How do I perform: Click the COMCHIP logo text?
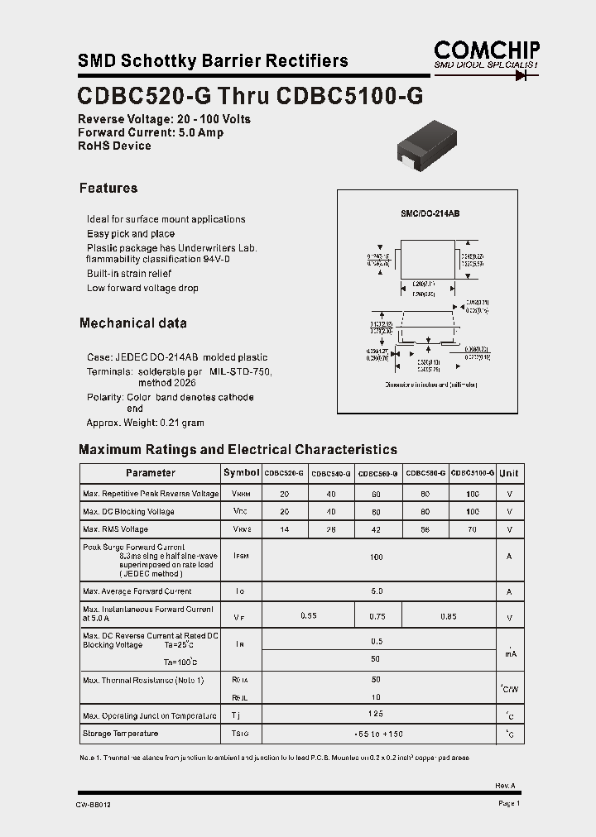pos(487,50)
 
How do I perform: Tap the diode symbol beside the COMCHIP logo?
pos(521,75)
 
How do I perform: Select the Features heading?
pos(108,188)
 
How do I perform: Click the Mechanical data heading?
pos(133,323)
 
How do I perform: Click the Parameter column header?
pos(151,473)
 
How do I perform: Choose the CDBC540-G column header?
pos(332,473)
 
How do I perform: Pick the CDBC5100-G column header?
pos(473,473)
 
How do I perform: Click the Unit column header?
pos(509,473)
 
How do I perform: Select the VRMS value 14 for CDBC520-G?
pos(285,529)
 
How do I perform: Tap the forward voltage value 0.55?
pos(308,616)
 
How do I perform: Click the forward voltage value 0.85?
pos(449,616)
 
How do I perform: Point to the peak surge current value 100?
pos(377,557)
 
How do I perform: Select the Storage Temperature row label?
pos(120,734)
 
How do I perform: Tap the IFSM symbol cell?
pos(241,557)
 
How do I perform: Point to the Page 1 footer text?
pos(509,803)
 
